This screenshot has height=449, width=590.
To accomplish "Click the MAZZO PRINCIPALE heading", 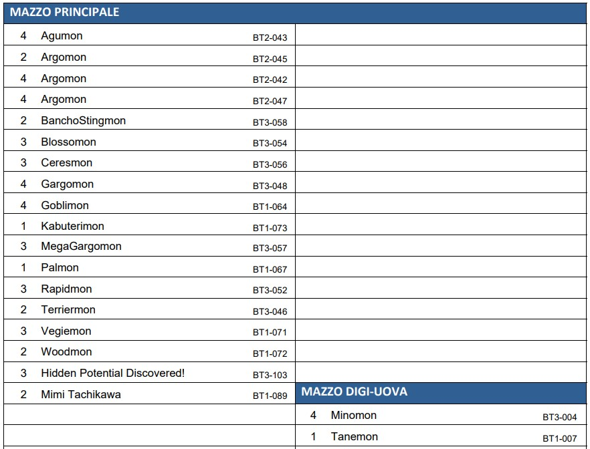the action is coord(64,12).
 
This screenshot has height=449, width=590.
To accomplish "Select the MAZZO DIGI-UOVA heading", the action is coord(354,392).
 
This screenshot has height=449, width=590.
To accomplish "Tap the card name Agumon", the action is coord(62,35).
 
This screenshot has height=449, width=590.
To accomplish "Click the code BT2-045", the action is coord(270,59).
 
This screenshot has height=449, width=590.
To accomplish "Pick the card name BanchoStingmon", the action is coord(83,121).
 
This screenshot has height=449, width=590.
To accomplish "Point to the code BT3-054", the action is coord(270,143).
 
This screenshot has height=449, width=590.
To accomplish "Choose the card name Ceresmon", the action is coord(67,162).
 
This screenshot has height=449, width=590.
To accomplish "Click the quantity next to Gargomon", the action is coord(23,184).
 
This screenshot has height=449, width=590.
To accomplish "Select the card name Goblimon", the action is coord(65,205).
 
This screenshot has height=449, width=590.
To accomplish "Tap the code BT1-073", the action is coord(270,228).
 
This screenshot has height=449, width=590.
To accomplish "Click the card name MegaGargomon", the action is coord(82,247).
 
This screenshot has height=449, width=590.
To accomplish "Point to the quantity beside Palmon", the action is coord(23,267).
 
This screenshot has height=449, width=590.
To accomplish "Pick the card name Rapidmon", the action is coord(66,289).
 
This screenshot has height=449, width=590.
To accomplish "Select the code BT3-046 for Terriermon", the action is coord(270,311).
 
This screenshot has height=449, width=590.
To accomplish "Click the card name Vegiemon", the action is coord(66,331).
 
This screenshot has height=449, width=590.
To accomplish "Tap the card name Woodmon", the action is coord(66,351).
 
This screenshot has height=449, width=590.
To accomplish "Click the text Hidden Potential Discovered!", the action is coord(113,373).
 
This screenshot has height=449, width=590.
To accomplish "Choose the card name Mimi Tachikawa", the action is coord(81,394).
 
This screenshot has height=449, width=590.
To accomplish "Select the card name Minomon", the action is coord(354,415).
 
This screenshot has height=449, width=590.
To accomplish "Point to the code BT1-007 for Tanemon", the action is coord(559,438).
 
